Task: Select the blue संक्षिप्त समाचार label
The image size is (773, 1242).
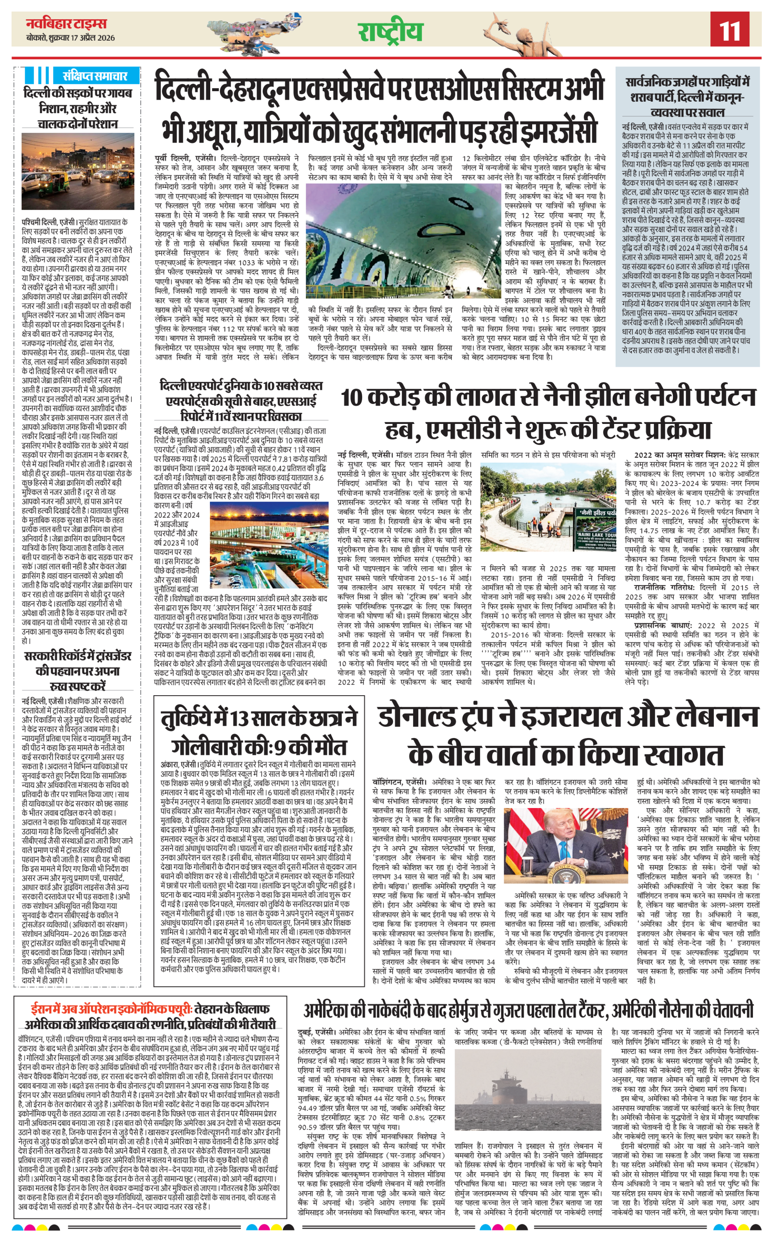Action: pyautogui.click(x=95, y=76)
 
